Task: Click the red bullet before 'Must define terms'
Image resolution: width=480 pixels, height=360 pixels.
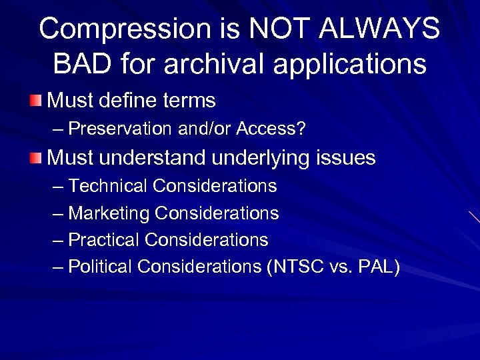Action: [x=37, y=101]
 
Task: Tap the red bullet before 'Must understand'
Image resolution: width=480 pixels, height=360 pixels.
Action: [x=37, y=158]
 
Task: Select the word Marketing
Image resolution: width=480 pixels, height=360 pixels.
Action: [x=109, y=213]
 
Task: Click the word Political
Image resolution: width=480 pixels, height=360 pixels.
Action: [x=101, y=267]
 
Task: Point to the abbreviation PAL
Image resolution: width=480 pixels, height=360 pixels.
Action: [x=376, y=267]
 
